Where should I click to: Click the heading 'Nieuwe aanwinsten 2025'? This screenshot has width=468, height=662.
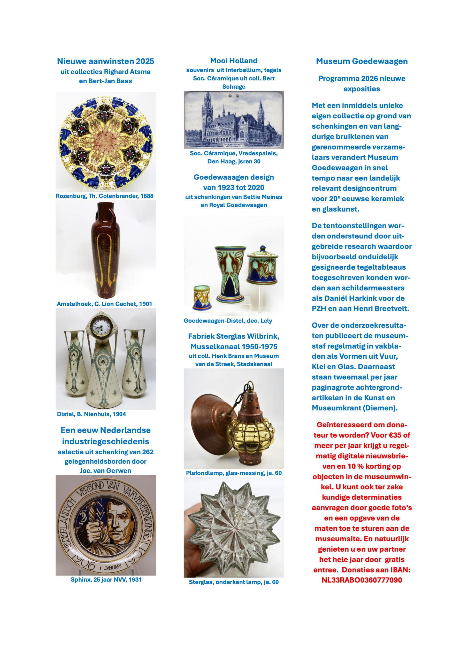pos(105,61)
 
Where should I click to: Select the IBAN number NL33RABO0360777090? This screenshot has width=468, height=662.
pos(362,580)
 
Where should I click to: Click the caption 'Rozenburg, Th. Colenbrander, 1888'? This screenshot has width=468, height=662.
pos(104,196)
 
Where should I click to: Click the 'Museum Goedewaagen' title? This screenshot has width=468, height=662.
pos(362,61)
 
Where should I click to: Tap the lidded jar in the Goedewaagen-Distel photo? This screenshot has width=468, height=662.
pos(262,265)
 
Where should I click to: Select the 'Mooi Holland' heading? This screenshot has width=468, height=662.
pos(234,61)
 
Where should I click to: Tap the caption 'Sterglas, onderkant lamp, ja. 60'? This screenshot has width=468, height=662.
pos(234,582)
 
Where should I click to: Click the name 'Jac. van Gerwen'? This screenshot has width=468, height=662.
pos(105,471)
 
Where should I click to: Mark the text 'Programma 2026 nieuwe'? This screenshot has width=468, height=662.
pos(362,78)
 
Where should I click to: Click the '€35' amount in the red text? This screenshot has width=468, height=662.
pos(395,435)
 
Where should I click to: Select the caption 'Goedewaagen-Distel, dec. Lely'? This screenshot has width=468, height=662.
pos(228,321)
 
